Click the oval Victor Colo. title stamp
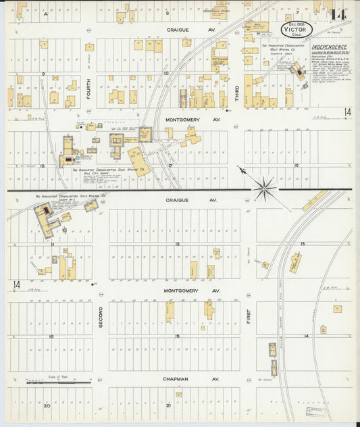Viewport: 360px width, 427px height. [x=294, y=30]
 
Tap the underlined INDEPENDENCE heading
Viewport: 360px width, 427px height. [x=329, y=47]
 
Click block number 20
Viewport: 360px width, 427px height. [x=47, y=406]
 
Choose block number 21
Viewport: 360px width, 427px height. [x=168, y=406]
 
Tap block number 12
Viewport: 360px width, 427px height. [x=177, y=243]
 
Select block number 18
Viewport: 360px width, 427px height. [x=41, y=165]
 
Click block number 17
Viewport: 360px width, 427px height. [x=171, y=165]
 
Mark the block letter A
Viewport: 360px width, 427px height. [x=46, y=14]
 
